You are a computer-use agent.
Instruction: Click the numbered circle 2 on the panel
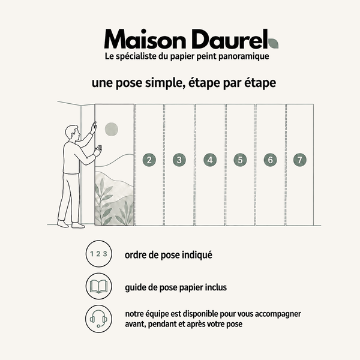click(x=149, y=160)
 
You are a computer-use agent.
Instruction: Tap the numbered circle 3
click(x=179, y=160)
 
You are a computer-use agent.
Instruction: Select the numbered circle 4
click(x=210, y=160)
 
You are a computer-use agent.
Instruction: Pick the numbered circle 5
click(x=240, y=160)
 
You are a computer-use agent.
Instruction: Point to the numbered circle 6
click(x=270, y=160)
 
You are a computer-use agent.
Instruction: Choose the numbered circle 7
click(x=300, y=160)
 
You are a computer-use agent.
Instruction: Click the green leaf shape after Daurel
click(x=273, y=43)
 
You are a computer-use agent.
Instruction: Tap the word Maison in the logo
click(x=145, y=39)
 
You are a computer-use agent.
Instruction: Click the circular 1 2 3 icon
click(x=99, y=254)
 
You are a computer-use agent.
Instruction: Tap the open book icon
click(x=99, y=286)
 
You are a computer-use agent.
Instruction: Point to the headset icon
click(x=99, y=319)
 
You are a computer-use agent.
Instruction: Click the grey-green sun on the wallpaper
click(x=112, y=129)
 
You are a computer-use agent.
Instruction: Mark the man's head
click(x=73, y=133)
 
